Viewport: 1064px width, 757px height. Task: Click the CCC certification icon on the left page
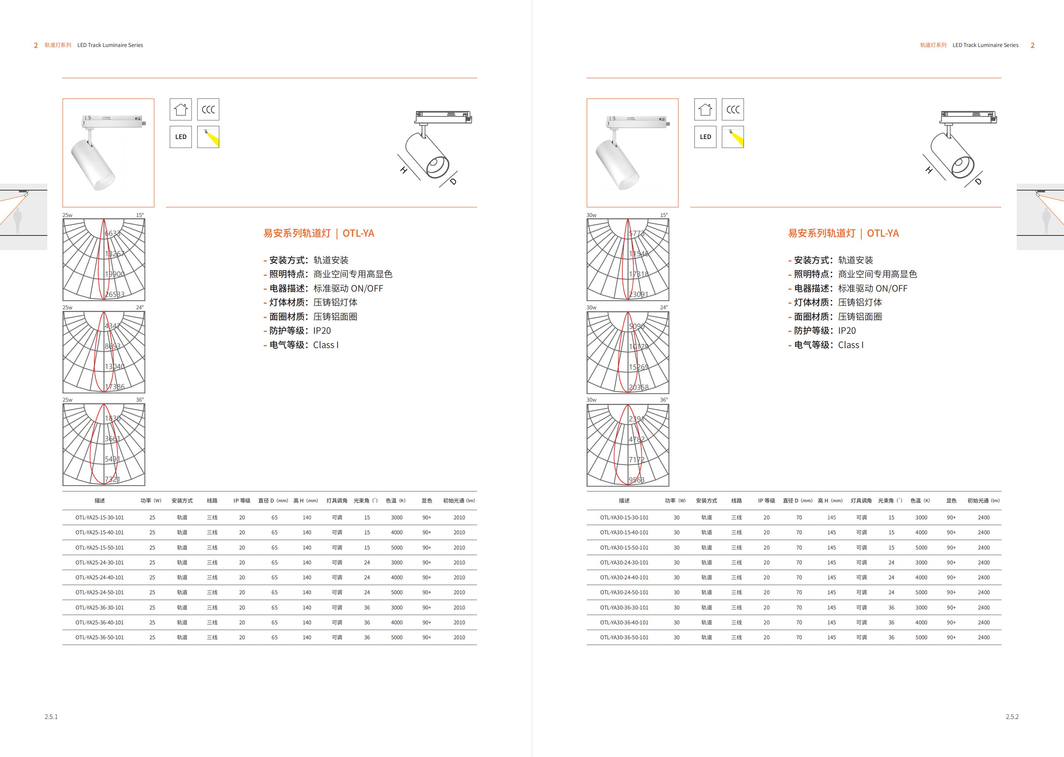208,109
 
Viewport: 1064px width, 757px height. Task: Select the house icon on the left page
181,109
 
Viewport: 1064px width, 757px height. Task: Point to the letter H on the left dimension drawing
404,171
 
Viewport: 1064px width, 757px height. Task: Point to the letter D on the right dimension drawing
978,181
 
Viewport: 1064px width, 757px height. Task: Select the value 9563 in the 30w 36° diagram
637,480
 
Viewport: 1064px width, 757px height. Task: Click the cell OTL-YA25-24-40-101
100,577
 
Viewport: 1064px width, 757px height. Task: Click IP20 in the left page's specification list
322,331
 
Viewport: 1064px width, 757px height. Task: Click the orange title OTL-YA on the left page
358,234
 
